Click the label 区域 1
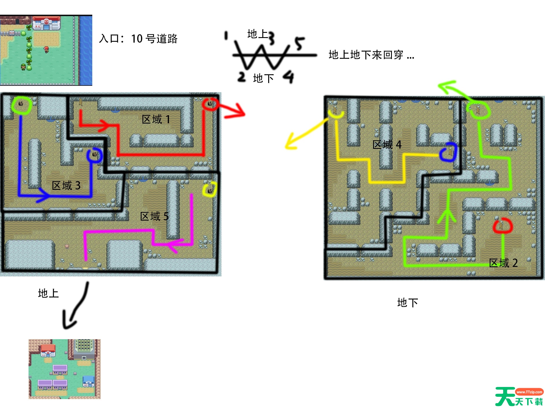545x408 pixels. tap(156, 119)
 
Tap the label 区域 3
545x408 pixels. tap(66, 186)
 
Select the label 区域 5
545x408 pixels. tap(154, 216)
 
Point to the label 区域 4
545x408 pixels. tap(387, 145)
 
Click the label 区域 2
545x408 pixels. tap(503, 263)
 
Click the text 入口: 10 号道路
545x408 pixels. tap(138, 39)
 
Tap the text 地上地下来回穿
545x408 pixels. tap(366, 55)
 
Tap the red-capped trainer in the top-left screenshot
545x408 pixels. tap(46, 50)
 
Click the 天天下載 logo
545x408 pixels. tap(519, 396)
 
